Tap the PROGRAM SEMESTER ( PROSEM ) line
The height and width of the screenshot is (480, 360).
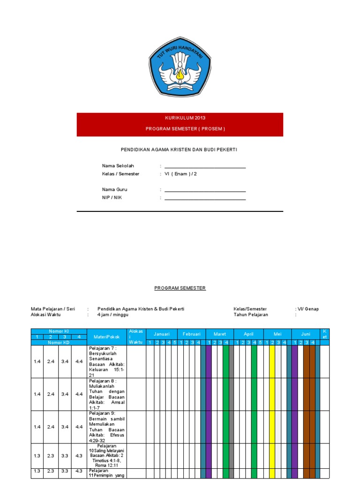point(180,129)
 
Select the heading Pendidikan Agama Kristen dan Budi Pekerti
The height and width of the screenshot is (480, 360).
point(180,150)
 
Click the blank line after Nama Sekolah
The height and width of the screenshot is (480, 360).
point(205,166)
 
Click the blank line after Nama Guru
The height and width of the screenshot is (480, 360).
point(205,190)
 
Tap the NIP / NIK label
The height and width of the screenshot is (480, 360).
point(112,198)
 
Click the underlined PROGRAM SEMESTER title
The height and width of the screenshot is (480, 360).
point(180,288)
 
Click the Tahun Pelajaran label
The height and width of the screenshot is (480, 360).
point(251,315)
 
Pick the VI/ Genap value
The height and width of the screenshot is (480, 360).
point(308,309)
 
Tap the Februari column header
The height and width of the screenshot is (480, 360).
point(191,334)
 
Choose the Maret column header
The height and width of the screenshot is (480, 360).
point(220,334)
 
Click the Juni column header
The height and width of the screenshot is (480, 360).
point(306,334)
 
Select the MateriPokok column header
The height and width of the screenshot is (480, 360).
point(107,337)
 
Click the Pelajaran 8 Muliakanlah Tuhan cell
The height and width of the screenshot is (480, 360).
point(107,394)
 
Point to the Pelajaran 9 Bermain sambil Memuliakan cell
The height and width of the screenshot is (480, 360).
point(107,427)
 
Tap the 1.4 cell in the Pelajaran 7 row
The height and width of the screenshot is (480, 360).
point(37,361)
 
